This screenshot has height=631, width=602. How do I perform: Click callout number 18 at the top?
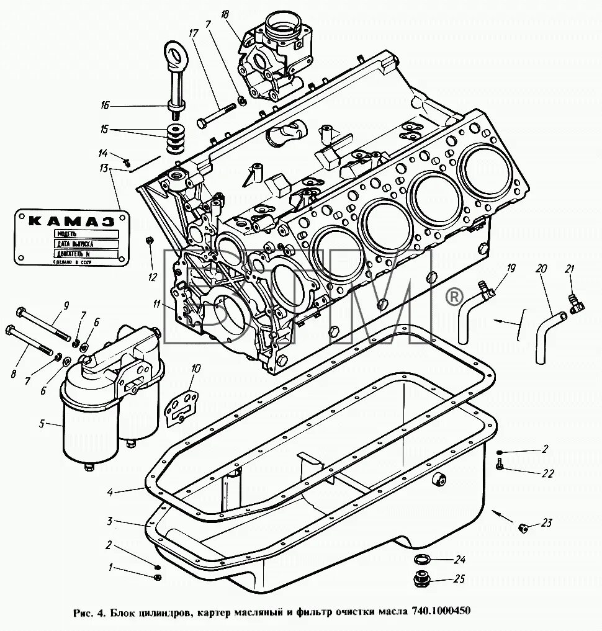[224, 14]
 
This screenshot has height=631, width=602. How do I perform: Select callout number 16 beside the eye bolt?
[105, 105]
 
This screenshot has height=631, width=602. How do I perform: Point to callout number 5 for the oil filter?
[42, 424]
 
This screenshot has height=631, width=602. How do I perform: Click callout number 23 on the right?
[546, 523]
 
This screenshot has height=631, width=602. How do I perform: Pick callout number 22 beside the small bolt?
[547, 473]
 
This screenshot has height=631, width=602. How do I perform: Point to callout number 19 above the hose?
[511, 269]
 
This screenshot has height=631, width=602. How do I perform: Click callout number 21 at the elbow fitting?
[570, 268]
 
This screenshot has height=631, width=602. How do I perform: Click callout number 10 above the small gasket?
[196, 369]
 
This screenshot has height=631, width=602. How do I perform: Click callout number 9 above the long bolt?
[65, 305]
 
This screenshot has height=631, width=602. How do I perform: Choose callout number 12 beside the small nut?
[152, 277]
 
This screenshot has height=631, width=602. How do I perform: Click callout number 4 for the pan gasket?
[109, 493]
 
